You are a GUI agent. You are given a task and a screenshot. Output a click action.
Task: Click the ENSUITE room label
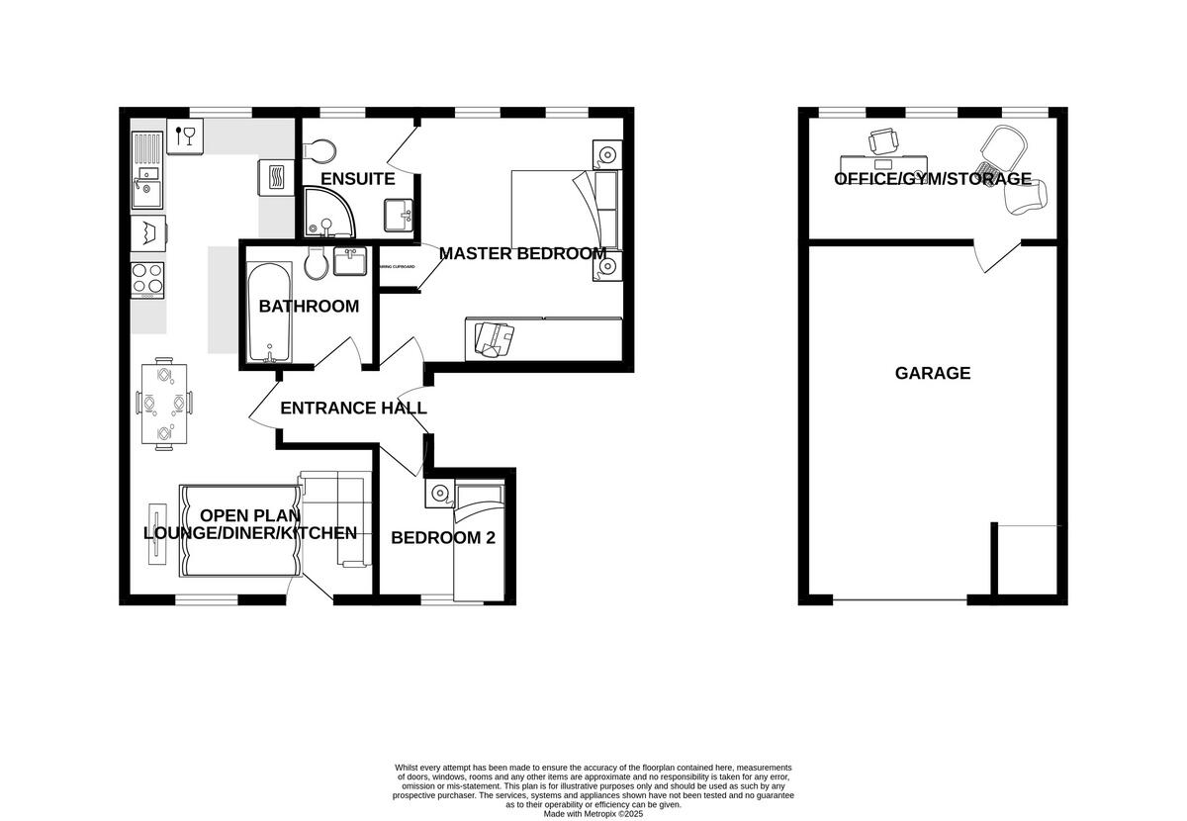coord(358,179)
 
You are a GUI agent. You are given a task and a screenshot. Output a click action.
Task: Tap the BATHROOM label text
coord(309,307)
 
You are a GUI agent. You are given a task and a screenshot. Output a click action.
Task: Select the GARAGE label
coord(933,373)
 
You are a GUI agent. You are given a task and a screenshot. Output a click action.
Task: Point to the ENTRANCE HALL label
coord(353,408)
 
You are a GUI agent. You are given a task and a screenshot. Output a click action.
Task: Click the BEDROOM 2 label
coord(443,538)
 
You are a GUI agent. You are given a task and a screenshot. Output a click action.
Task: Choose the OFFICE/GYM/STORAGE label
coord(933,179)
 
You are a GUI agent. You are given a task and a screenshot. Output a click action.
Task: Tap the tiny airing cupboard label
coord(398,266)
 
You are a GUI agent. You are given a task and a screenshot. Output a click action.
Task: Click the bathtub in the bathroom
coord(268,314)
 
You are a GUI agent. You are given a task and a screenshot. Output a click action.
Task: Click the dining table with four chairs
coord(163,405)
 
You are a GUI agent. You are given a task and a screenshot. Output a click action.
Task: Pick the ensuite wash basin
coord(400,214)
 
